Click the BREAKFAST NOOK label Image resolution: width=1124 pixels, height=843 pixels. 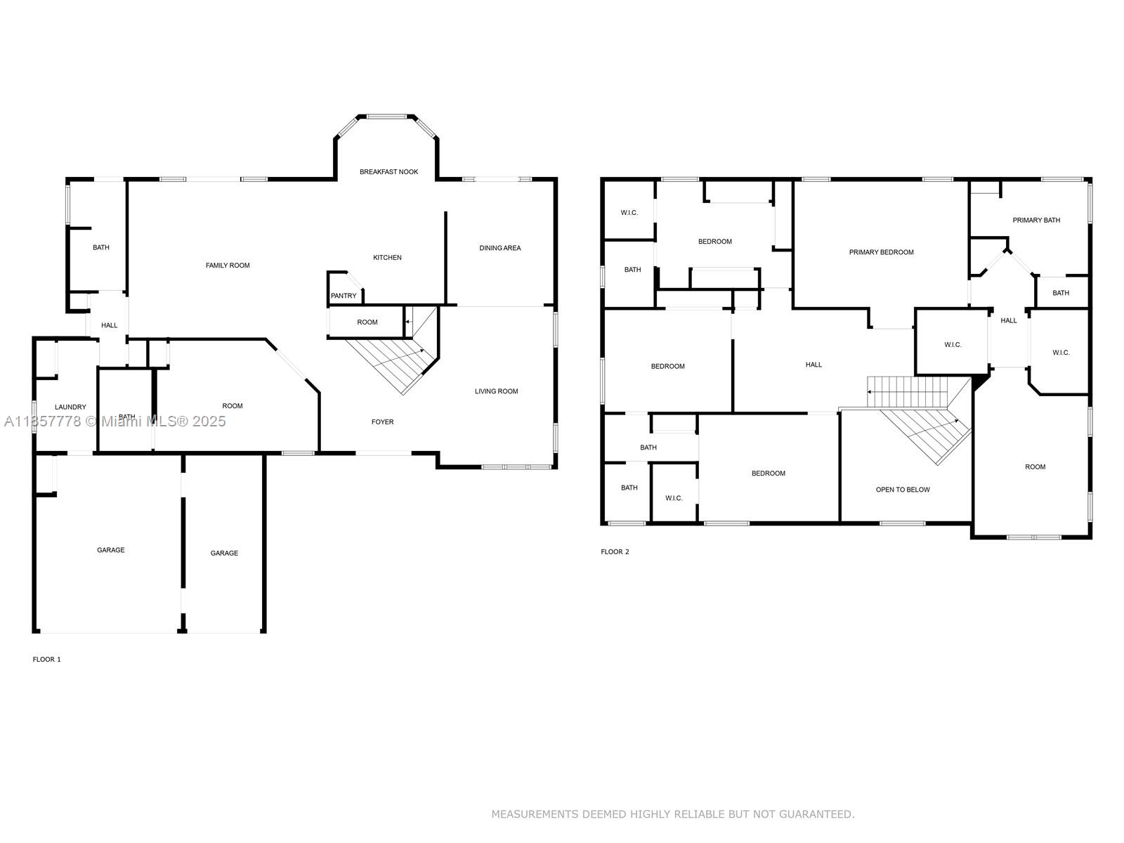[x=388, y=172]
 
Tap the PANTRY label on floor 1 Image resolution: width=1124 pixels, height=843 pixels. [x=343, y=296]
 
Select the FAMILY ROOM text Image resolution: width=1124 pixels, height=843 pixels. [x=228, y=265]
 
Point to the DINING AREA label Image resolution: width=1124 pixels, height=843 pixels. [x=499, y=248]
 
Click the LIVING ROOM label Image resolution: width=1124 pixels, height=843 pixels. [x=496, y=391]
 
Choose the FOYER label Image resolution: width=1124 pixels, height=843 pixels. [x=383, y=421]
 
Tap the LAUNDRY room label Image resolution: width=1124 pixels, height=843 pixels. [x=70, y=407]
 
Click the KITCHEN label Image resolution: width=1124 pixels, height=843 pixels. [x=387, y=257]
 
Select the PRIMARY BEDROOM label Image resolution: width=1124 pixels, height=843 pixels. [x=881, y=251]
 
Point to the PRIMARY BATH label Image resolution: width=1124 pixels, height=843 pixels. [x=1036, y=220]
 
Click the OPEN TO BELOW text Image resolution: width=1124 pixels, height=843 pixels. [x=902, y=490]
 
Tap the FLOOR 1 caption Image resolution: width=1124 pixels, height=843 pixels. [x=46, y=659]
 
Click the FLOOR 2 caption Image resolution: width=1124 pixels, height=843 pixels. [x=615, y=551]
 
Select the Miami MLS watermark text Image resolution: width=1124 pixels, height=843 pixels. [x=115, y=421]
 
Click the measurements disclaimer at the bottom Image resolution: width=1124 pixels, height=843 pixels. [x=673, y=813]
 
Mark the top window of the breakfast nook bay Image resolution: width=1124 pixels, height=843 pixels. [x=386, y=117]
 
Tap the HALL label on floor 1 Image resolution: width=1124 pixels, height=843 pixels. [x=109, y=325]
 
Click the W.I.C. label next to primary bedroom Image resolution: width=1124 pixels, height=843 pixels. [x=953, y=344]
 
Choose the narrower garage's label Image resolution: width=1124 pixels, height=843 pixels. [x=224, y=553]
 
